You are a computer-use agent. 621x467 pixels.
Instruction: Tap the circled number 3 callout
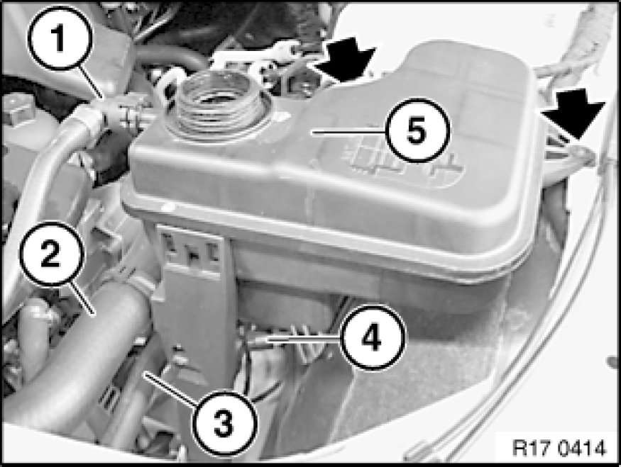pyautogui.click(x=224, y=423)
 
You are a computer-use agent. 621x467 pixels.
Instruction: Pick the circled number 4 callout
pyautogui.click(x=373, y=338)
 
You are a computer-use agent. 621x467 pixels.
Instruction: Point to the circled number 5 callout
pyautogui.click(x=417, y=130)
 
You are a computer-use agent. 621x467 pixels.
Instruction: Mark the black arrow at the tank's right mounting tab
pyautogui.click(x=573, y=113)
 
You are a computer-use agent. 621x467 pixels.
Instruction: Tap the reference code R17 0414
pyautogui.click(x=559, y=448)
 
